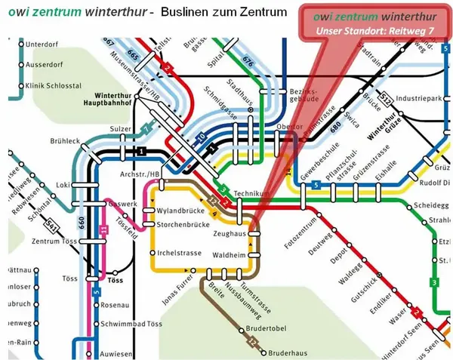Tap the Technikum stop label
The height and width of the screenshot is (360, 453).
pyautogui.click(x=251, y=194)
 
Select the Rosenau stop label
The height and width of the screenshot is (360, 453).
pyautogui.click(x=115, y=306)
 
